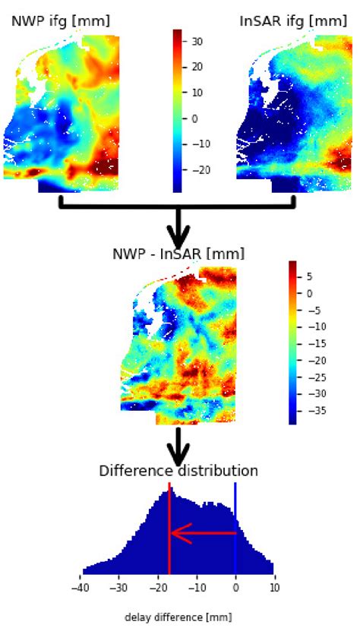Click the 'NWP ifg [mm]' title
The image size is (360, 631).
pos(60,21)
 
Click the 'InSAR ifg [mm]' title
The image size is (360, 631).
pos(293,21)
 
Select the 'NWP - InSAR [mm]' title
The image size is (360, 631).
pos(178,254)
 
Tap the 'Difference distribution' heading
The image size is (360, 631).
pos(178,471)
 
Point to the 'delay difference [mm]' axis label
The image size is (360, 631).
pos(178,617)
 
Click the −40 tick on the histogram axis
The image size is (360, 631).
pos(81,587)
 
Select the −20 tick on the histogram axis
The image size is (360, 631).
pos(158,587)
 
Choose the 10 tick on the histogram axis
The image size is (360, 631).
pos(274,587)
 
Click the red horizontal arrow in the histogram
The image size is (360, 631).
pos(202,533)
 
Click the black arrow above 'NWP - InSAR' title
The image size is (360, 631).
pos(178,225)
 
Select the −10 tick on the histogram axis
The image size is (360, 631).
pos(197,587)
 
